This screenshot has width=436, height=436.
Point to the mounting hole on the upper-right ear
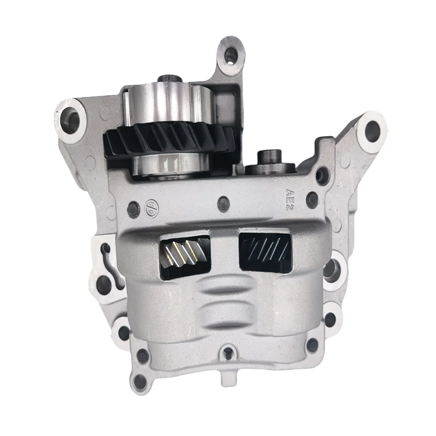coord(372,129)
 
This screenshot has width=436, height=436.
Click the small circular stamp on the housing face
coord(148,208)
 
